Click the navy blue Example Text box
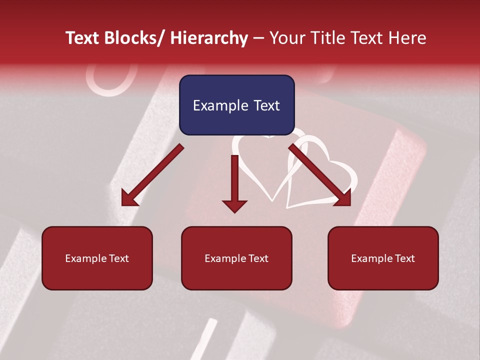[236, 105]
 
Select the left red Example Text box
[97, 258]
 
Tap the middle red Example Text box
[236, 258]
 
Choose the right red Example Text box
[383, 258]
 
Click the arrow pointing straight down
[234, 182]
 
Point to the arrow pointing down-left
[152, 175]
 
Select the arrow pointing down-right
[320, 175]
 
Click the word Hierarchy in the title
[209, 38]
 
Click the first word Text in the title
[83, 38]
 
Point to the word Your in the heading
[287, 38]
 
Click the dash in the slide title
[258, 38]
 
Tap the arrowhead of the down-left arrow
[129, 198]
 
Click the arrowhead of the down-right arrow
[343, 198]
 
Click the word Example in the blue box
[218, 105]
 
